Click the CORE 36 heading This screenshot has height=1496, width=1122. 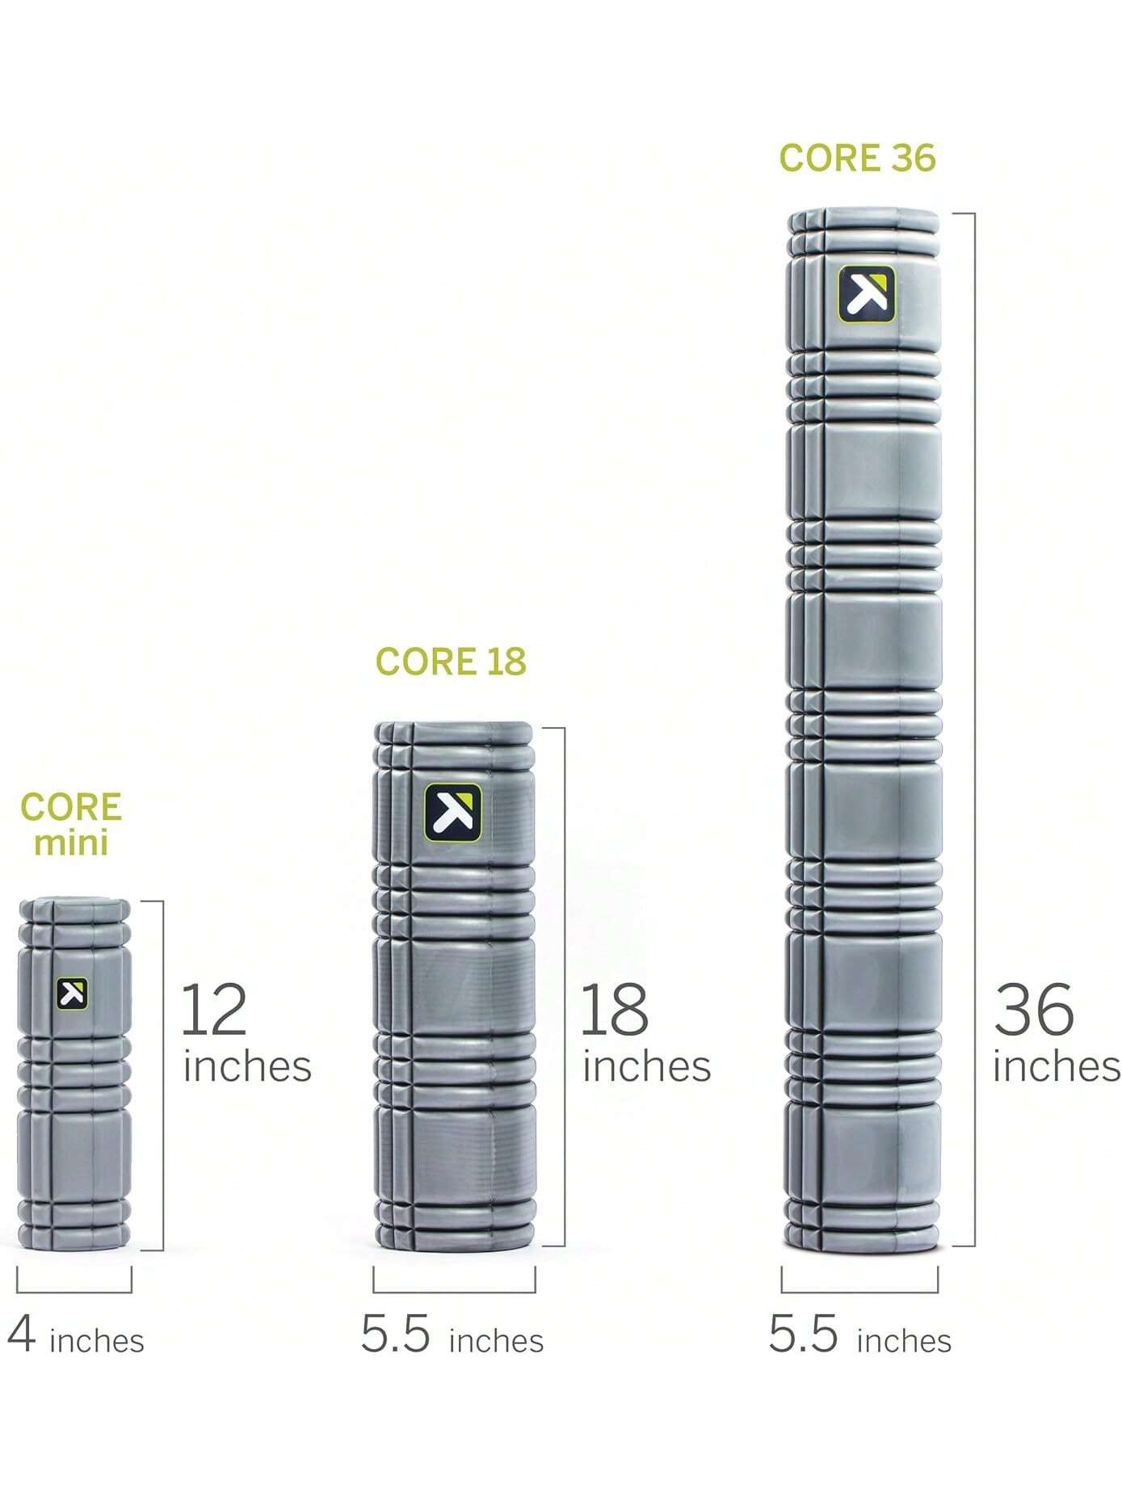(857, 158)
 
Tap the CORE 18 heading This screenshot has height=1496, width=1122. (451, 662)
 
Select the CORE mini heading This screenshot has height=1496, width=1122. (71, 824)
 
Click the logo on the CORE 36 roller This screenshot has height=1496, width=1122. (866, 294)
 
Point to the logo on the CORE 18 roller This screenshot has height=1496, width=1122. (453, 812)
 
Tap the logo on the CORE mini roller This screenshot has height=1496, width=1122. (73, 994)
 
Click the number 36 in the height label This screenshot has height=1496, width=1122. (1033, 1009)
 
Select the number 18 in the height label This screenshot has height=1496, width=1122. (614, 1009)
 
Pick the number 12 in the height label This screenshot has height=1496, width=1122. (213, 1009)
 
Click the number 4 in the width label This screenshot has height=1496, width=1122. (22, 1334)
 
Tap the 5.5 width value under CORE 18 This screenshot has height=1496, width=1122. (395, 1334)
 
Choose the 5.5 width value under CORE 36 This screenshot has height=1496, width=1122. (803, 1334)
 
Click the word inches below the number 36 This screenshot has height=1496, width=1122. (1056, 1066)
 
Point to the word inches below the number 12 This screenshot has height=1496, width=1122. (247, 1066)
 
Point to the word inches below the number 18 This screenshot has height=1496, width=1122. (646, 1066)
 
